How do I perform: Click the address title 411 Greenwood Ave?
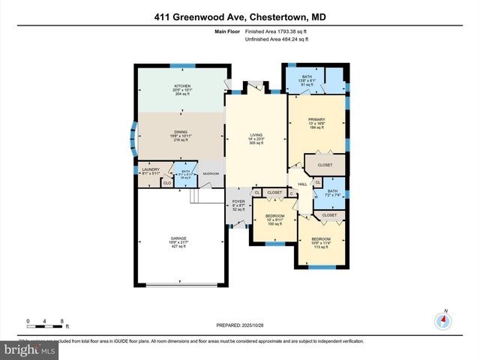[239, 16]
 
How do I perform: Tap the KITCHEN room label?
[182, 86]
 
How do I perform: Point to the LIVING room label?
[256, 135]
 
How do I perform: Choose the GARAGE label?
[178, 239]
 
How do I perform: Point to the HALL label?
[303, 184]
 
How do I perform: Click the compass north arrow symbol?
[445, 319]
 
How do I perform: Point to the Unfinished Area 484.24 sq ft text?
[277, 39]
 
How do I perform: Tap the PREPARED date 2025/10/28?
[240, 325]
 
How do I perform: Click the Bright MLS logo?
[30, 349]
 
